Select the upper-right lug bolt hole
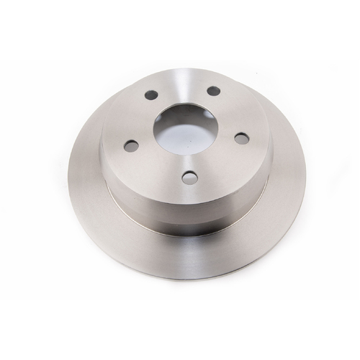(213, 91)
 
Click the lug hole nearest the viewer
(189, 177)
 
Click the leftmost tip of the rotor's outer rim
(68, 173)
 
